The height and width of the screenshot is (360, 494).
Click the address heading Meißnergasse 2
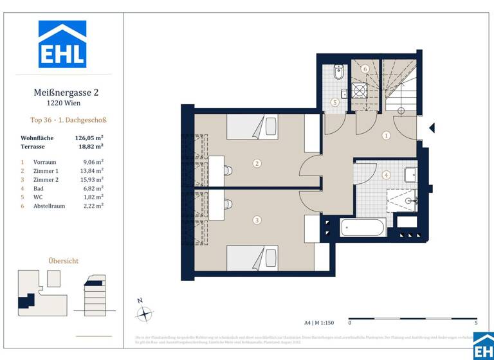tap(66, 93)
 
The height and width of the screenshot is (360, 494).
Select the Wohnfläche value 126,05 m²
tap(89, 138)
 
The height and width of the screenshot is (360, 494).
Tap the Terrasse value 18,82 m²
tap(89, 147)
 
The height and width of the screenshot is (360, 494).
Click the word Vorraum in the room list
tap(46, 162)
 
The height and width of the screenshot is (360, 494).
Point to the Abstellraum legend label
tap(50, 206)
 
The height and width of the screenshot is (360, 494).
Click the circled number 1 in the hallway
tap(386, 136)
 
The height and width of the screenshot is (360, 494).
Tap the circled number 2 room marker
tap(257, 163)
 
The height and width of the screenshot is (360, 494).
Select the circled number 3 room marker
tap(257, 220)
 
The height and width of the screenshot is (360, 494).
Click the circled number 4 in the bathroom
tap(386, 175)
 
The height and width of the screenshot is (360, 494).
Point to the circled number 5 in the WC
tap(334, 102)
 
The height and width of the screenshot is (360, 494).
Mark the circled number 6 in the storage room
tap(365, 69)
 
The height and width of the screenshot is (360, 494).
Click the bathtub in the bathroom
tap(363, 228)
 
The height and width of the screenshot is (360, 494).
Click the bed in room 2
tap(252, 127)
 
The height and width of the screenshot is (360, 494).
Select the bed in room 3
tap(252, 258)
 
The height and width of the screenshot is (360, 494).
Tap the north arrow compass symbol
tap(145, 314)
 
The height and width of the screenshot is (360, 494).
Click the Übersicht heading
tap(64, 260)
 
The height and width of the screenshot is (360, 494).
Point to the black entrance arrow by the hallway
tap(432, 128)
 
